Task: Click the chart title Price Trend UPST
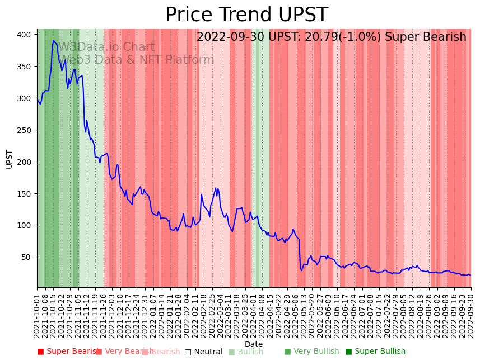pos(246,15)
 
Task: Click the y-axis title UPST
pos(10,159)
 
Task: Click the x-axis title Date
pos(254,344)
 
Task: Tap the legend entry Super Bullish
pos(380,351)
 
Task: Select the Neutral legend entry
pos(207,352)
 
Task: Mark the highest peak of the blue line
pos(54,40)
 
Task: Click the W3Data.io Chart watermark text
pos(106,47)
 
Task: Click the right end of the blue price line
pos(470,275)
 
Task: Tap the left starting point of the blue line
pos(38,99)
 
